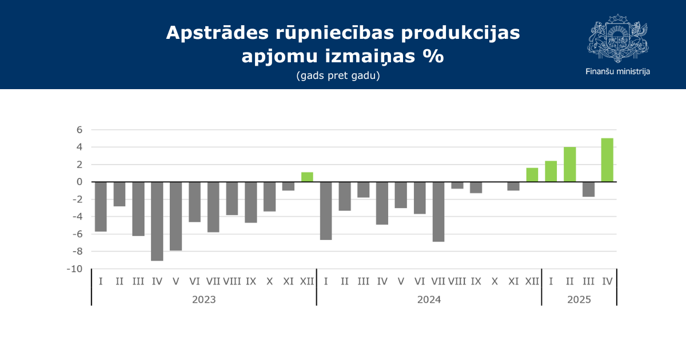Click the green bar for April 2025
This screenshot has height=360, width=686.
pyautogui.click(x=607, y=160)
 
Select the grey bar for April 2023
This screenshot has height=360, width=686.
pyautogui.click(x=157, y=221)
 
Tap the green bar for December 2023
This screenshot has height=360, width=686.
pyautogui.click(x=307, y=177)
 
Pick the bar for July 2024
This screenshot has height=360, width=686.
pyautogui.click(x=438, y=212)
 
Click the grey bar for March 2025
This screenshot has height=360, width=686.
pyautogui.click(x=588, y=189)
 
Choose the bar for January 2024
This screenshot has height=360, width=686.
pyautogui.click(x=326, y=211)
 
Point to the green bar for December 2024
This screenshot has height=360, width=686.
pyautogui.click(x=532, y=175)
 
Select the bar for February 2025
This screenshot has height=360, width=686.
pyautogui.click(x=569, y=165)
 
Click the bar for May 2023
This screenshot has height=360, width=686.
pyautogui.click(x=176, y=216)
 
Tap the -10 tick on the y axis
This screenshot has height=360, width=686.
pyautogui.click(x=75, y=269)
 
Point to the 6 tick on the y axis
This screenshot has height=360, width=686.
pyautogui.click(x=79, y=130)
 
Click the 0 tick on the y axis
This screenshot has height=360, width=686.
pyautogui.click(x=79, y=182)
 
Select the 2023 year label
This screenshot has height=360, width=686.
pyautogui.click(x=204, y=299)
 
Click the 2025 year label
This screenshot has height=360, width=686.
pyautogui.click(x=579, y=299)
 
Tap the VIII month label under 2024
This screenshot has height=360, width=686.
pyautogui.click(x=457, y=281)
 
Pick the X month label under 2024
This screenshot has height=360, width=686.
pyautogui.click(x=494, y=281)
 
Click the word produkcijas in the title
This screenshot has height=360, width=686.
pyautogui.click(x=460, y=33)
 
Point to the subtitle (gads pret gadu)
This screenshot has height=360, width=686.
pyautogui.click(x=338, y=75)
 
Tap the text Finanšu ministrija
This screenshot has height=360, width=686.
pyautogui.click(x=618, y=71)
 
